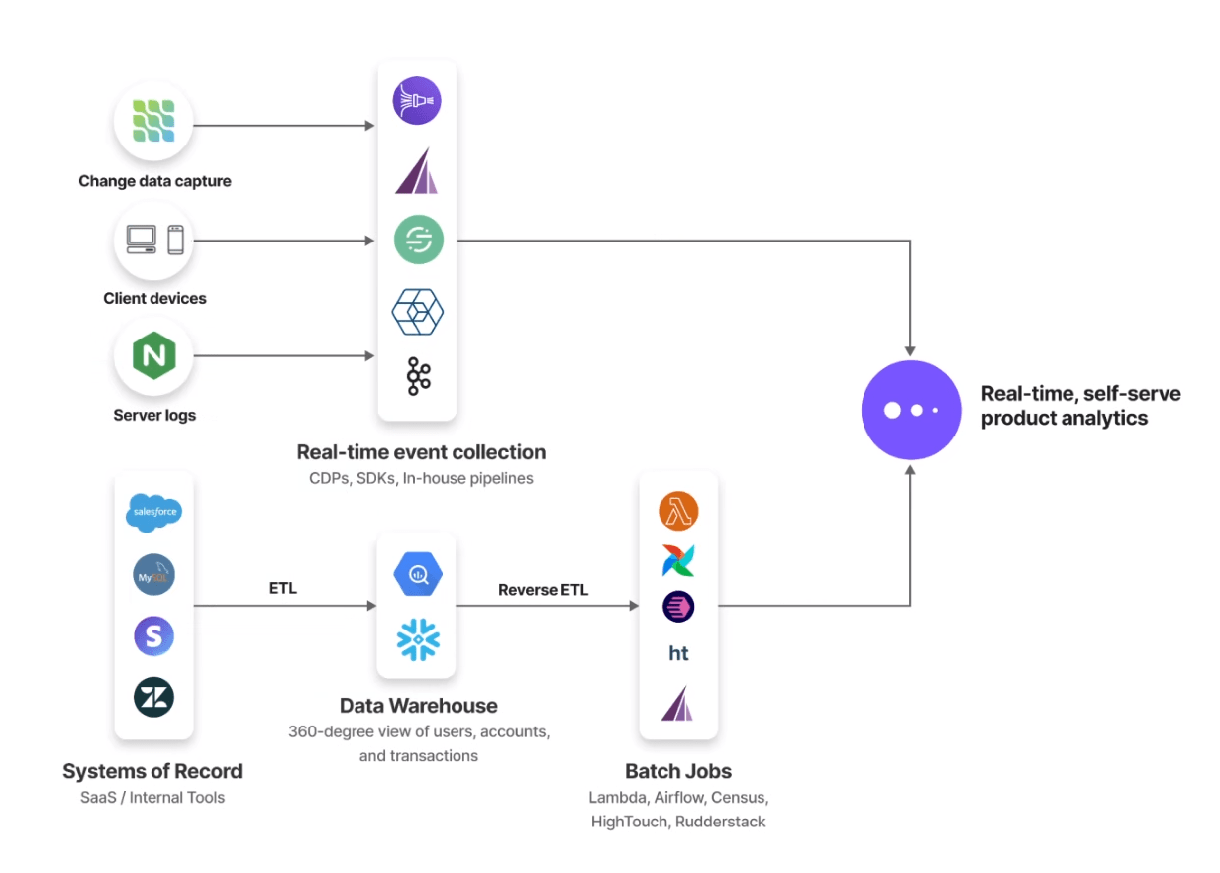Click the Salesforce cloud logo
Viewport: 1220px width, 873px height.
pyautogui.click(x=153, y=513)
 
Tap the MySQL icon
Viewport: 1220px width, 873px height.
pyautogui.click(x=153, y=575)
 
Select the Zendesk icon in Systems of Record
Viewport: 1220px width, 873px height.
pyautogui.click(x=153, y=698)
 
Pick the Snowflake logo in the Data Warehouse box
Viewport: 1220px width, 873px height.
pyautogui.click(x=418, y=639)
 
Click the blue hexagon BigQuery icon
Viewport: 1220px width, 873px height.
pyautogui.click(x=418, y=575)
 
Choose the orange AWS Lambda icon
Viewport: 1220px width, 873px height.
pyautogui.click(x=678, y=512)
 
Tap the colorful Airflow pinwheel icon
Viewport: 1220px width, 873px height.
pyautogui.click(x=678, y=560)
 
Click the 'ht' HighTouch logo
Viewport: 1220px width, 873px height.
pyautogui.click(x=678, y=653)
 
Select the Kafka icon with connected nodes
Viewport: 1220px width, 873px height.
pyautogui.click(x=418, y=376)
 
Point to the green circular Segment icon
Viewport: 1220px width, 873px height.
pyautogui.click(x=418, y=240)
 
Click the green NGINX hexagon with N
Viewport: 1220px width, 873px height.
pyautogui.click(x=154, y=356)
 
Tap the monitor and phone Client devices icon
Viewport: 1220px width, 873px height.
pyautogui.click(x=154, y=240)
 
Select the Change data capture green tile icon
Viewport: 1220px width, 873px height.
pyautogui.click(x=154, y=123)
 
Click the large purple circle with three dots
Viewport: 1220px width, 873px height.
pyautogui.click(x=911, y=410)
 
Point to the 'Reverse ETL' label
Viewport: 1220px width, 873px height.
pyautogui.click(x=543, y=590)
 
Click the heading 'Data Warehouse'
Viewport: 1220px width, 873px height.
pyautogui.click(x=418, y=706)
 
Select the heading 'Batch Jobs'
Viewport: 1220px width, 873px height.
pyautogui.click(x=678, y=771)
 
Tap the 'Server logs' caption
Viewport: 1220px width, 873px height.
pyautogui.click(x=154, y=415)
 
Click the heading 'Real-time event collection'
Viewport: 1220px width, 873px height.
pyautogui.click(x=421, y=452)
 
